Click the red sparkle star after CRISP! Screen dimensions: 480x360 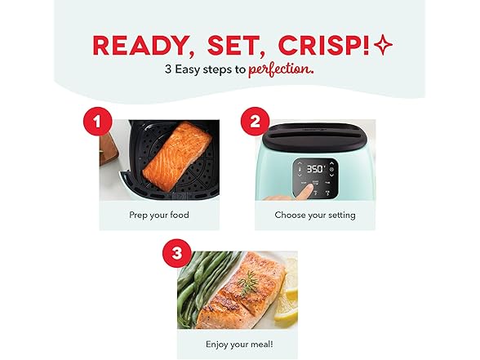tap(384, 45)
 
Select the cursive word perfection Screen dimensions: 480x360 tap(281, 69)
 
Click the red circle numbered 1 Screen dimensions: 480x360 tap(98, 121)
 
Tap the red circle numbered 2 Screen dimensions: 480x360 tap(256, 121)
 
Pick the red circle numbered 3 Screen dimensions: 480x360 tap(177, 253)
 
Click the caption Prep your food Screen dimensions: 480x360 tap(159, 216)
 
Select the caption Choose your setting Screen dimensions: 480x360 tap(315, 216)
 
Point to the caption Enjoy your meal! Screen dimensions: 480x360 tap(239, 344)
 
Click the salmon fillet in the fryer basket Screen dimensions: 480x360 tap(177, 157)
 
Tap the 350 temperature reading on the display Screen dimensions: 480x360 tap(316, 169)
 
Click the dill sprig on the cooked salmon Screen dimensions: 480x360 tap(248, 282)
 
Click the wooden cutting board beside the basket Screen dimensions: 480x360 tap(108, 150)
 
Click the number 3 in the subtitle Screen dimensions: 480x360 tap(168, 69)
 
